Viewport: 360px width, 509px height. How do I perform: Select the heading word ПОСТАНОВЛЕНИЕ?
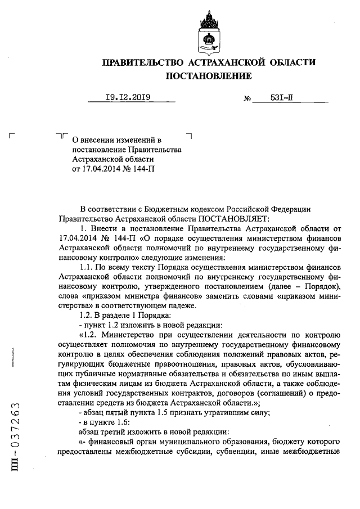(208, 75)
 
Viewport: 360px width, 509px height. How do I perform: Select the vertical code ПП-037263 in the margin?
(16, 438)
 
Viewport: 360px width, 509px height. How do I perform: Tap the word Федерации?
(291, 209)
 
